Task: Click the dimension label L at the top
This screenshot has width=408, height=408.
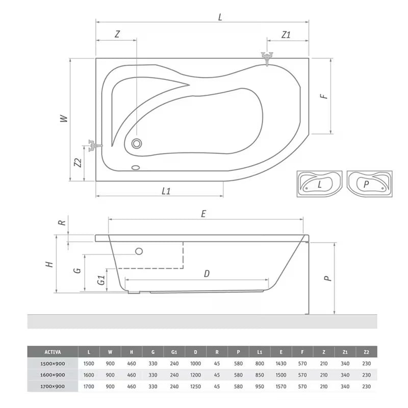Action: pos(220,17)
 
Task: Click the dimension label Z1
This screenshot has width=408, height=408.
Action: pos(286,35)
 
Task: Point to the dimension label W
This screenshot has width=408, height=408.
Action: pos(63,118)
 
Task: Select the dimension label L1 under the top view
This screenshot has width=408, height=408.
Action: pos(166,191)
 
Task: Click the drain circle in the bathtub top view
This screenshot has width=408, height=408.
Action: pos(137,143)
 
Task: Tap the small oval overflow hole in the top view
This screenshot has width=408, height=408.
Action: pos(136,167)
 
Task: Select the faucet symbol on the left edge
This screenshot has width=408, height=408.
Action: pos(93,146)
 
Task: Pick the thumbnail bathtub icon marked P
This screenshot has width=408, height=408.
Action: pos(369,184)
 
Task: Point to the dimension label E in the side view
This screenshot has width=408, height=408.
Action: pos(203,214)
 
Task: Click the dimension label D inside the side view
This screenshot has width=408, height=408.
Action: pos(207,273)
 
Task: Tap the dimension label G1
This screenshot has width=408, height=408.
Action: pos(100,280)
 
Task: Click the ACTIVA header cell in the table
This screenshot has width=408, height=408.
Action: pos(53,351)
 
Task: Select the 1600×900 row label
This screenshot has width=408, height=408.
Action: pos(53,375)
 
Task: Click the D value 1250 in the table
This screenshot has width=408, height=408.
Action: pos(196,387)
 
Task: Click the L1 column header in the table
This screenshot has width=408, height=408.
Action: pos(260,351)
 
